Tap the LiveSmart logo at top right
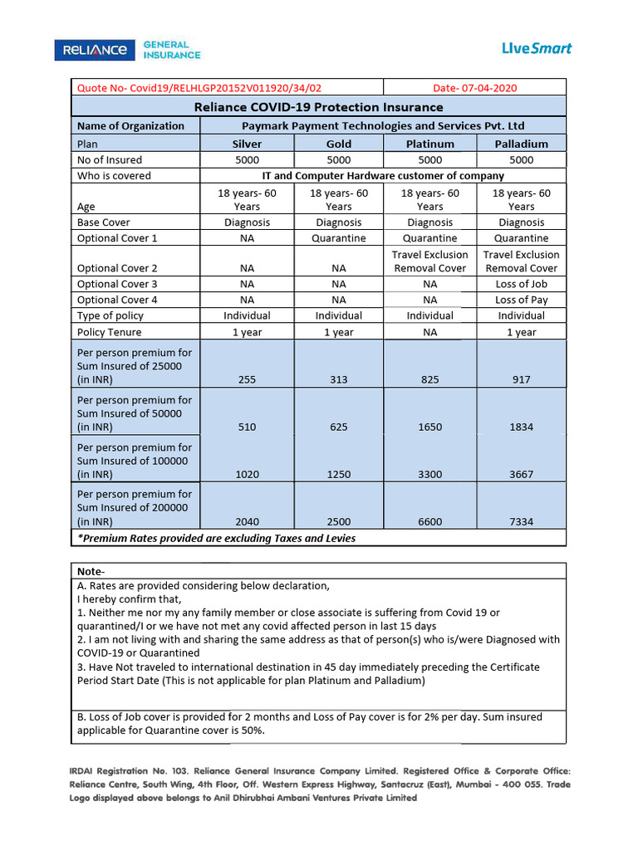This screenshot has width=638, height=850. [537, 48]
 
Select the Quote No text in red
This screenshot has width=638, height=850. [199, 88]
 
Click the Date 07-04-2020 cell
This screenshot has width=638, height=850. [476, 88]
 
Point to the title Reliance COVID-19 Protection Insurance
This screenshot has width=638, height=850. [318, 107]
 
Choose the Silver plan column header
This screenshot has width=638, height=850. [247, 144]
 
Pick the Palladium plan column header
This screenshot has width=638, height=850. [521, 144]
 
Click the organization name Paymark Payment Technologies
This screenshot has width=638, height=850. [383, 126]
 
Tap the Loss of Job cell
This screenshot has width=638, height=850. [521, 284]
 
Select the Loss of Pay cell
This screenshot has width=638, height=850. [521, 300]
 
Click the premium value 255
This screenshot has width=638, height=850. [247, 379]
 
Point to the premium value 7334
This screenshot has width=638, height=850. [521, 522]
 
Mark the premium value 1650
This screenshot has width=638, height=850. [429, 427]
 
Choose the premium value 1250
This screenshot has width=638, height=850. [338, 475]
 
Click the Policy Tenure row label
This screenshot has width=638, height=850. [109, 332]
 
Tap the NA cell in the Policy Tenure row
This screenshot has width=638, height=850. [429, 332]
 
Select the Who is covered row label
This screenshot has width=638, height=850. [114, 176]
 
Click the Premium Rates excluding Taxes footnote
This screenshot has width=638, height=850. [216, 538]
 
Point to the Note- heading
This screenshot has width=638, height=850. [91, 571]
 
